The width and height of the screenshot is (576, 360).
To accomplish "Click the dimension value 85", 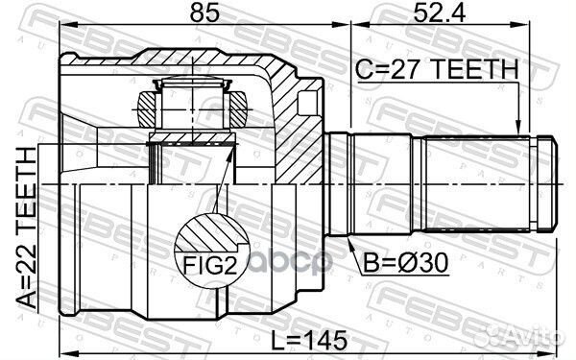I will tap(203, 15).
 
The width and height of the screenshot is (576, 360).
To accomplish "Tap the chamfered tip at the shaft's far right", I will tap(549, 182).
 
